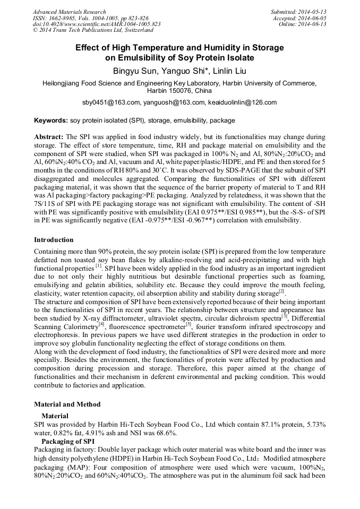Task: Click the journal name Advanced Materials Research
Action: [69, 12]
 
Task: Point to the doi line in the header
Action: [97, 24]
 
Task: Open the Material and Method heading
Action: [67, 404]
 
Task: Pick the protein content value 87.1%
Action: [260, 425]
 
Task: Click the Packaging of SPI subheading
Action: [68, 441]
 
